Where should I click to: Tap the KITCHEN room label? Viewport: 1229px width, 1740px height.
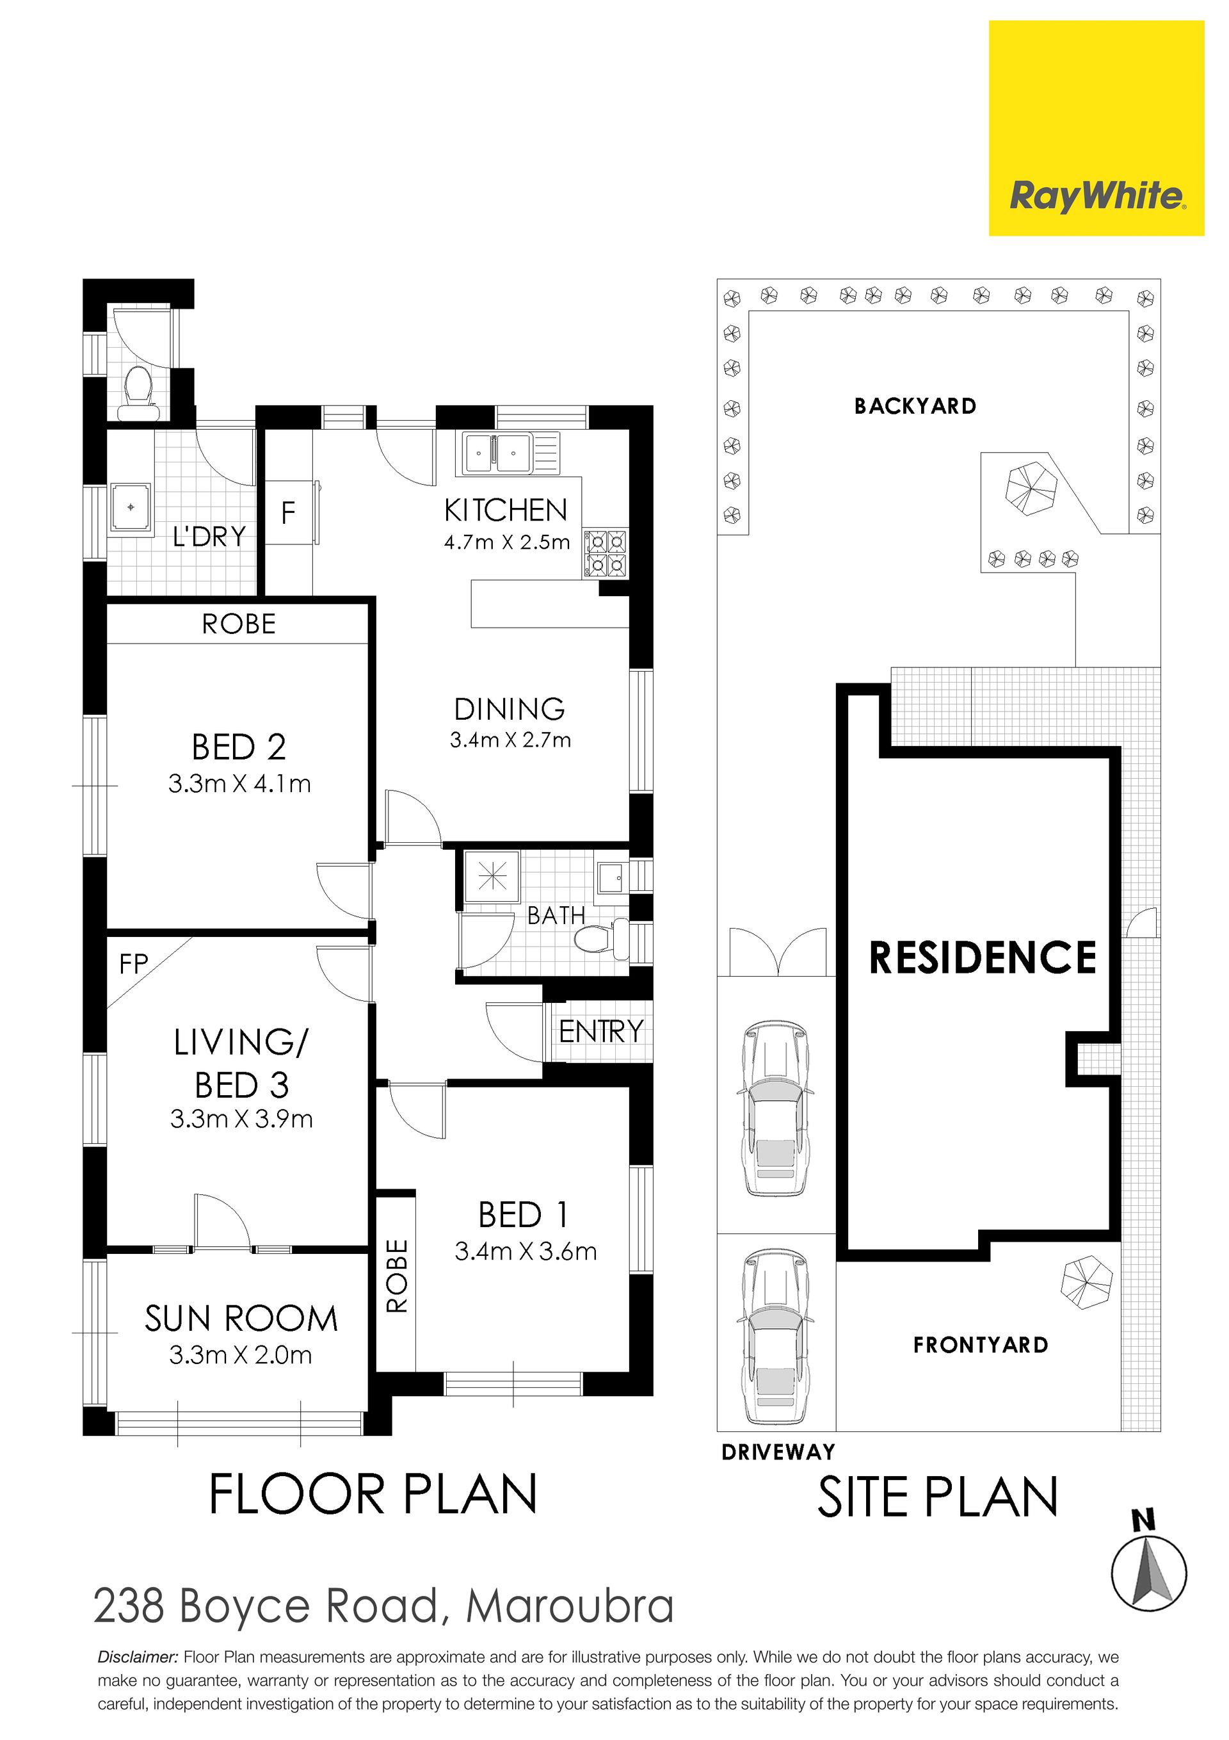506,510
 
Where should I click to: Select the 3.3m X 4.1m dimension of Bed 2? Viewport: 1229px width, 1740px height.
239,784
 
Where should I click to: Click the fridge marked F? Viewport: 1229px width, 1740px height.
289,513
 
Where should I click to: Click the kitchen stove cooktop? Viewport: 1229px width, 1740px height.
605,554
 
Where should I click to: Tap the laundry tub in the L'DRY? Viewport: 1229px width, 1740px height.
131,507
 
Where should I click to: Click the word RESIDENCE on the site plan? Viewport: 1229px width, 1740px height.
983,957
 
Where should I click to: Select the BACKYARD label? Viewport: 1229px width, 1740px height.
915,406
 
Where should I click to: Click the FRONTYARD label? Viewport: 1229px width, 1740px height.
981,1345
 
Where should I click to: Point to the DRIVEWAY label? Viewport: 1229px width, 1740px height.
778,1452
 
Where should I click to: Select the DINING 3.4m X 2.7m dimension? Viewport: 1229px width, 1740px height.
510,740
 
